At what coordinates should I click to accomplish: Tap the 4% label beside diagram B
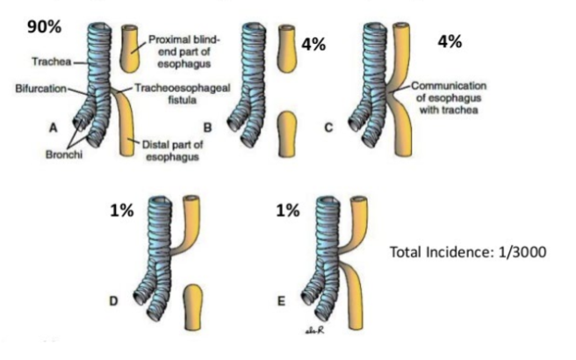point(313,44)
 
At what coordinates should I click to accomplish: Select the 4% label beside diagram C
point(450,42)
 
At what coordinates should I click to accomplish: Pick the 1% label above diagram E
point(288,211)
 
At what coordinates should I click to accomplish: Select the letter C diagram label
point(328,127)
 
